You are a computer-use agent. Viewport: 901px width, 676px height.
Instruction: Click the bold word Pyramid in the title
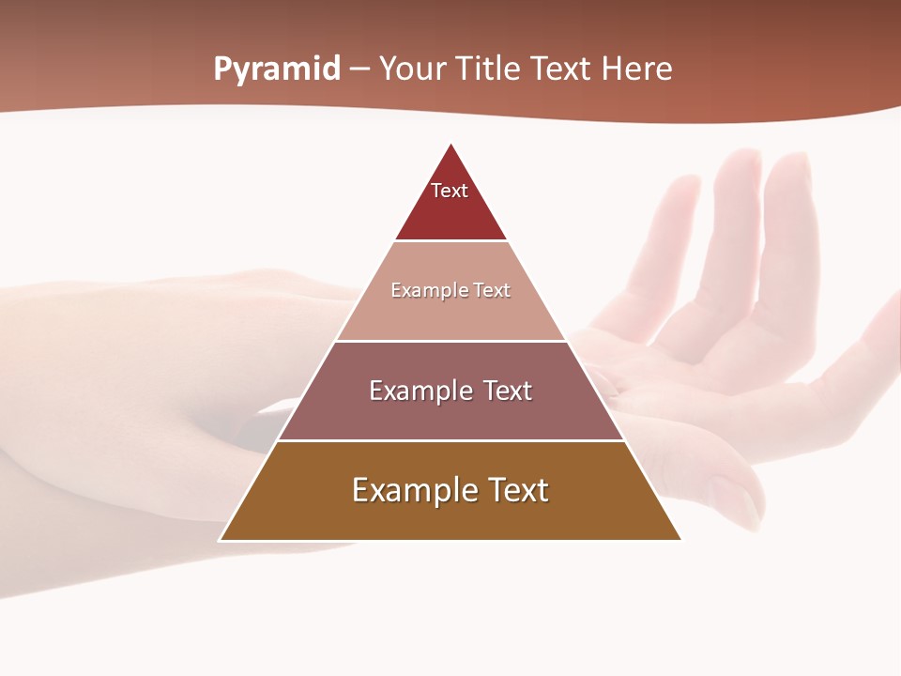point(277,69)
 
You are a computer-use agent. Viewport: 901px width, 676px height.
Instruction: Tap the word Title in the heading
point(487,69)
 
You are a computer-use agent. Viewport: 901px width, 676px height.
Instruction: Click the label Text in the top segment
point(450,191)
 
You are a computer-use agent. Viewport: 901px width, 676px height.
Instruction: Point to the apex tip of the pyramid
point(450,146)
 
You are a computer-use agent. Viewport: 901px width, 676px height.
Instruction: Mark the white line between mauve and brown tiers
point(450,440)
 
